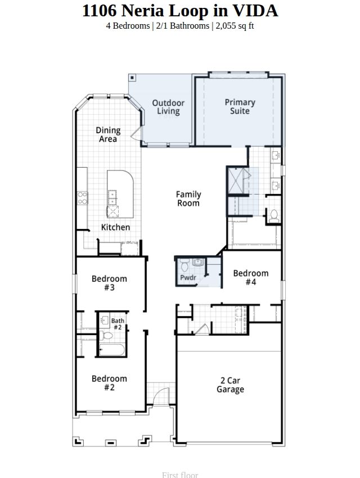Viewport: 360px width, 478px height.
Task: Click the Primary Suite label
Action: click(x=240, y=106)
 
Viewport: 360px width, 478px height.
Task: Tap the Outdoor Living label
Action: click(x=168, y=107)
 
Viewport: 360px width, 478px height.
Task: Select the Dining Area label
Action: click(x=108, y=134)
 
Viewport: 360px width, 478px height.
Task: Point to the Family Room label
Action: click(x=188, y=199)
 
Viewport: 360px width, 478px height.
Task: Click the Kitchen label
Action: click(x=115, y=227)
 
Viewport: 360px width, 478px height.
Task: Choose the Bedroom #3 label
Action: click(x=109, y=283)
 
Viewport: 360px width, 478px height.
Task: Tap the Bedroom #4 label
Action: click(x=251, y=277)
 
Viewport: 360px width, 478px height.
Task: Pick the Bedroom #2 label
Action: click(x=109, y=383)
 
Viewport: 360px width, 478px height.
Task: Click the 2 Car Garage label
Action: click(x=230, y=385)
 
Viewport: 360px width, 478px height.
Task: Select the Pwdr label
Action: click(x=188, y=278)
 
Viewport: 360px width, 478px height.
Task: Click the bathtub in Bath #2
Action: click(x=112, y=350)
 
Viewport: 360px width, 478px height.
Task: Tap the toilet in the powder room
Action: click(x=184, y=265)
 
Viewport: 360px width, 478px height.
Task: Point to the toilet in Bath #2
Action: click(x=106, y=336)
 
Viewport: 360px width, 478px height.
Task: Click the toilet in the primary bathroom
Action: click(x=274, y=215)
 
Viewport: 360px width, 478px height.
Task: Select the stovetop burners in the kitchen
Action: click(x=82, y=198)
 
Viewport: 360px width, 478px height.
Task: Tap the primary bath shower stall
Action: click(x=236, y=181)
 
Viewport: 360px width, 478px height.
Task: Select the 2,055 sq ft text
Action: click(x=235, y=26)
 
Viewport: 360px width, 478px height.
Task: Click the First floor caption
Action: click(x=180, y=475)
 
